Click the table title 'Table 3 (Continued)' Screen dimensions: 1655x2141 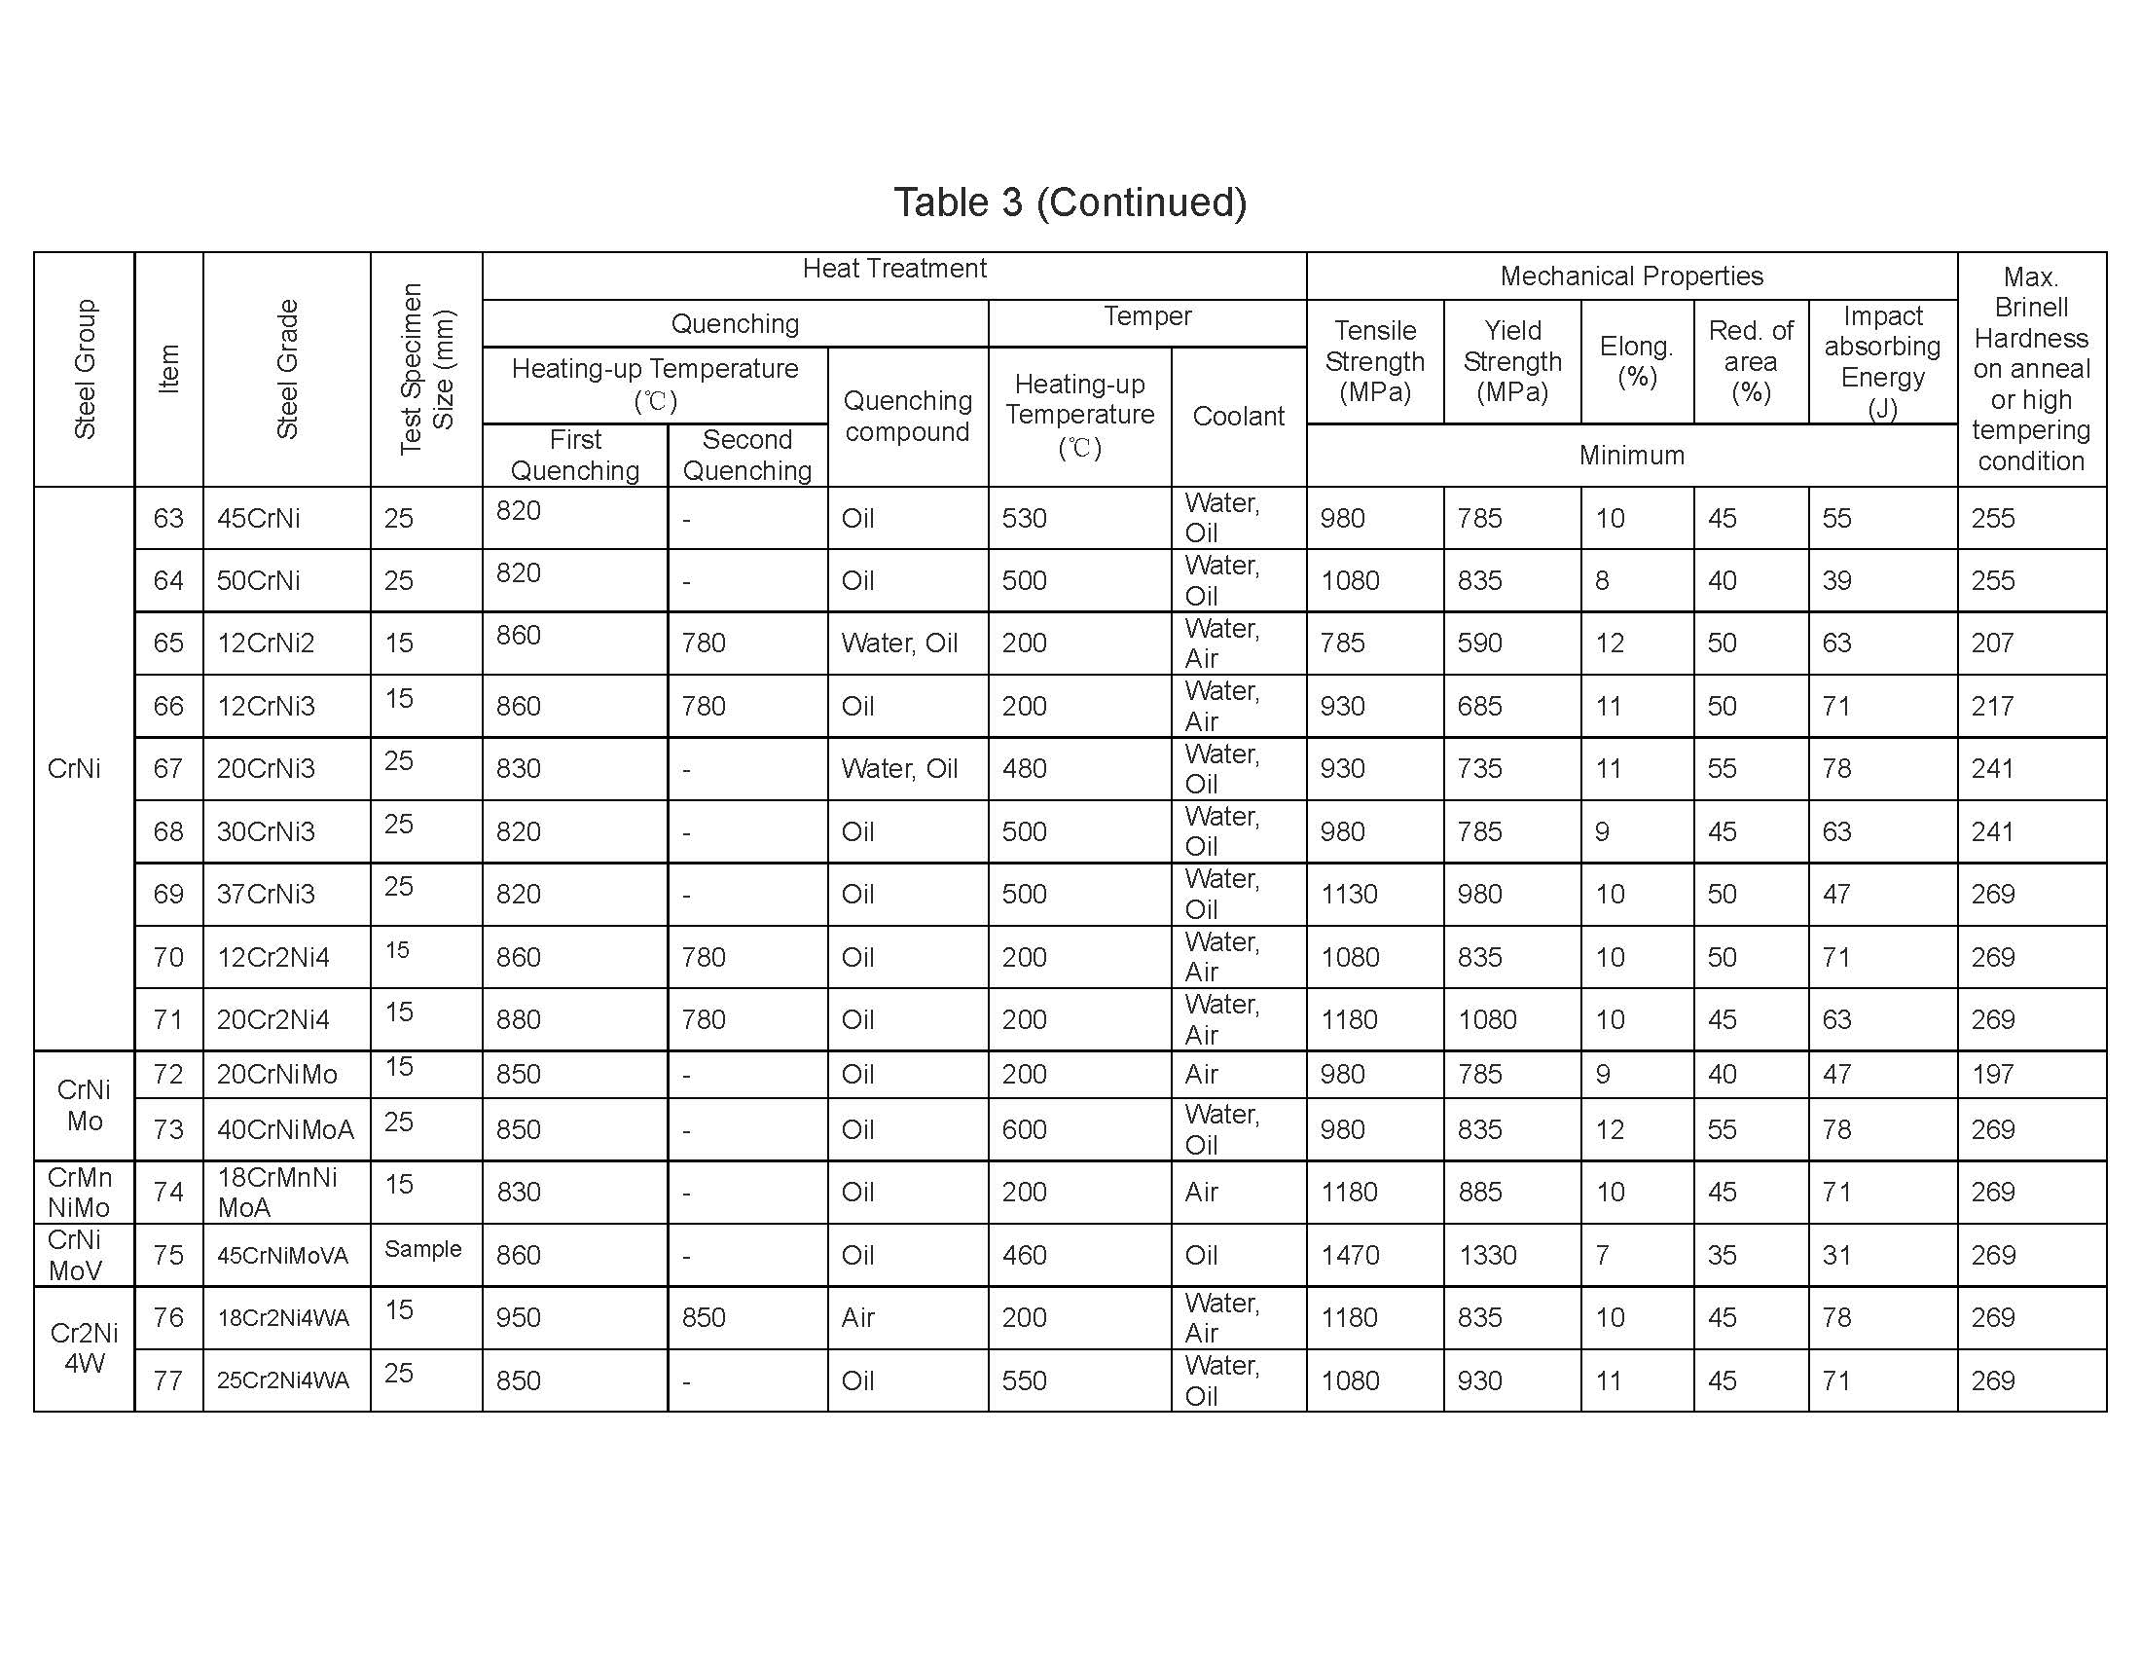(x=1070, y=202)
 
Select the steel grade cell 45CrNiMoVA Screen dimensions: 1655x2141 (x=282, y=1256)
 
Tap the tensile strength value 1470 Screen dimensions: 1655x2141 (x=1350, y=1256)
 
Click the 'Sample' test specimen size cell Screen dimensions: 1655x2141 (x=422, y=1249)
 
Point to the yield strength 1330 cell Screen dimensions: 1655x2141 (x=1487, y=1256)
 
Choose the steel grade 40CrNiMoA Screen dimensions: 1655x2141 (x=285, y=1130)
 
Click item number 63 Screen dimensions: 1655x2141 (x=168, y=518)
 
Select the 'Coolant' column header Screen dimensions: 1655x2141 (x=1238, y=417)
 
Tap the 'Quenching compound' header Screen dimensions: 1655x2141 (x=908, y=417)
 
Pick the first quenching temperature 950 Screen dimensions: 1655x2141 (x=519, y=1318)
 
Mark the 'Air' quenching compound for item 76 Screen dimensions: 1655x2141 (x=857, y=1318)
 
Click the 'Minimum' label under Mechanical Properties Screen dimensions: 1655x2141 (x=1631, y=456)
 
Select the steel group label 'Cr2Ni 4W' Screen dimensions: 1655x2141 (x=85, y=1348)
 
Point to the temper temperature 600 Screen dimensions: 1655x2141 (x=1024, y=1130)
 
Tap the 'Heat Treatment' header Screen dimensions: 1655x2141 (x=894, y=269)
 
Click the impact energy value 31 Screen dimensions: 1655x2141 (x=1836, y=1256)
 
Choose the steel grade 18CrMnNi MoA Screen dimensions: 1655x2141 (x=277, y=1193)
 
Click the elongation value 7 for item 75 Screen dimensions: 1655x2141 (x=1602, y=1256)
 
